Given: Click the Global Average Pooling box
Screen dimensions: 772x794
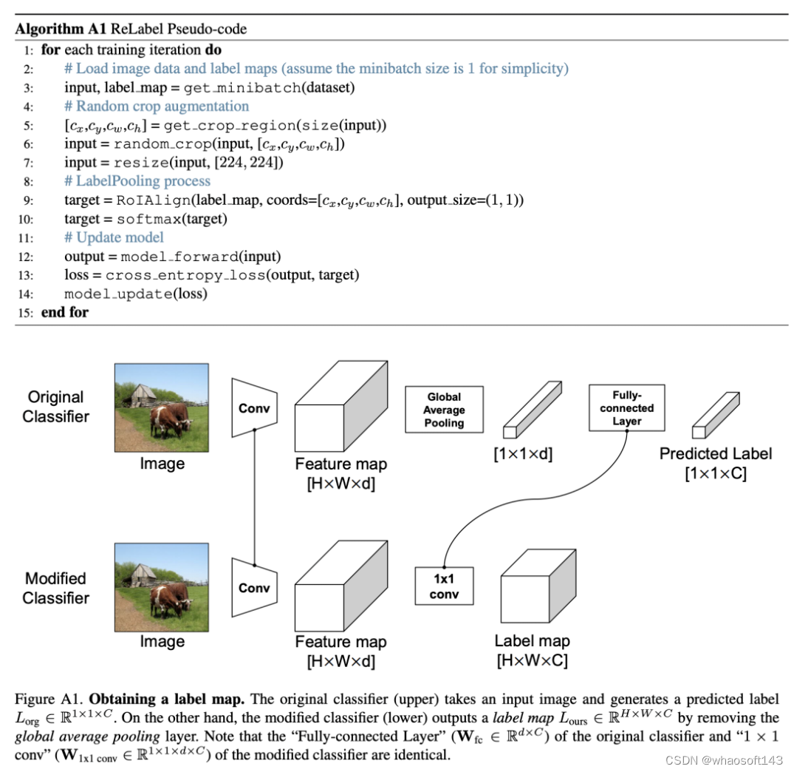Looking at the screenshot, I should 444,410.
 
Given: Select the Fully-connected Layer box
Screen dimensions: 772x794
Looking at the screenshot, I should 626,407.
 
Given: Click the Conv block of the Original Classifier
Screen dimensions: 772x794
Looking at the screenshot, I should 254,407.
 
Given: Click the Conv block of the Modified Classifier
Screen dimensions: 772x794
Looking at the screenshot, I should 254,588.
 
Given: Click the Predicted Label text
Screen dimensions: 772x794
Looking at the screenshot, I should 715,453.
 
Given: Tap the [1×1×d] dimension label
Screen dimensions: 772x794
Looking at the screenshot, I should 522,454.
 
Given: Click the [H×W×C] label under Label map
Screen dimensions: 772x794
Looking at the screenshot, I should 532,659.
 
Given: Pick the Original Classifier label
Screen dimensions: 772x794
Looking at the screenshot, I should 55,407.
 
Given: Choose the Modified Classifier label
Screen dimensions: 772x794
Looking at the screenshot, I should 55,588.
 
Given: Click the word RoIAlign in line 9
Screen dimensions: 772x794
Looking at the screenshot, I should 146,200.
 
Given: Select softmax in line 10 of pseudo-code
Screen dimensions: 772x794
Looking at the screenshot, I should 145,219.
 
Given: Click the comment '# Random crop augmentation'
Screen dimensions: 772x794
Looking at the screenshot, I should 157,106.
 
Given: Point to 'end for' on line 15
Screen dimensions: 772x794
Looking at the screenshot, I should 64,313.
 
